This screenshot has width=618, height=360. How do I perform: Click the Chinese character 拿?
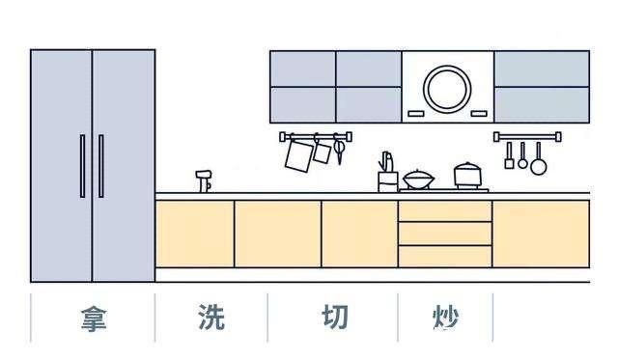pyautogui.click(x=93, y=318)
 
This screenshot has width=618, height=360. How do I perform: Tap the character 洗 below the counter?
pyautogui.click(x=211, y=318)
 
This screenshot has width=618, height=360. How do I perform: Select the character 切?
pyautogui.click(x=335, y=318)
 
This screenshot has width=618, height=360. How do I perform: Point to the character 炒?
pyautogui.click(x=445, y=318)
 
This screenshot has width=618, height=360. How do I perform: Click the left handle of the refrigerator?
pyautogui.click(x=83, y=166)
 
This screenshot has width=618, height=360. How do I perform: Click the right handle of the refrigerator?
pyautogui.click(x=100, y=166)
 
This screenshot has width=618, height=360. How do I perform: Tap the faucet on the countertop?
pyautogui.click(x=204, y=180)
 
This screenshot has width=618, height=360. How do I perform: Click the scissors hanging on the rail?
pyautogui.click(x=340, y=152)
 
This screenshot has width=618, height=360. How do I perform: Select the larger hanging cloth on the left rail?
pyautogui.click(x=299, y=154)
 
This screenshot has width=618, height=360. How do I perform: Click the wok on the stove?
pyautogui.click(x=418, y=180)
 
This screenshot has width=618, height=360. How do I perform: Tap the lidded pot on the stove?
pyautogui.click(x=468, y=176)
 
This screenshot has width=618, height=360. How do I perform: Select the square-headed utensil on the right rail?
pyautogui.click(x=509, y=157)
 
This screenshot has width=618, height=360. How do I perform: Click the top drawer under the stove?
pyautogui.click(x=444, y=211)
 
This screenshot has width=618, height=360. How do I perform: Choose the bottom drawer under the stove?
pyautogui.click(x=444, y=256)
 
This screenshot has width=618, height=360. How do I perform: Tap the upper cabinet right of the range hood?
pyautogui.click(x=541, y=87)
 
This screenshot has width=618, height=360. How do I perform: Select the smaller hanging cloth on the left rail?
pyautogui.click(x=323, y=152)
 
